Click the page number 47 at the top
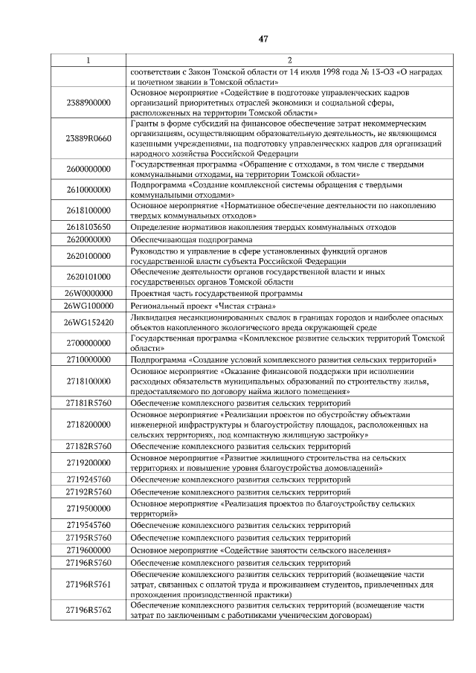click(263, 39)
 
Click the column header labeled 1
click(88, 59)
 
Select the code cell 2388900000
click(88, 102)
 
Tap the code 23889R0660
click(88, 138)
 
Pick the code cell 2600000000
click(88, 170)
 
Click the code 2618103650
click(88, 227)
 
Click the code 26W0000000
click(88, 293)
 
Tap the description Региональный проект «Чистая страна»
click(203, 306)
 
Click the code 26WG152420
click(88, 322)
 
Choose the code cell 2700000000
click(88, 343)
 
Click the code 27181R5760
click(88, 403)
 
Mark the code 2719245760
click(88, 480)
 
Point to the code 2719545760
click(88, 526)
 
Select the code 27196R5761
click(88, 585)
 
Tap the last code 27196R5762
click(88, 611)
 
